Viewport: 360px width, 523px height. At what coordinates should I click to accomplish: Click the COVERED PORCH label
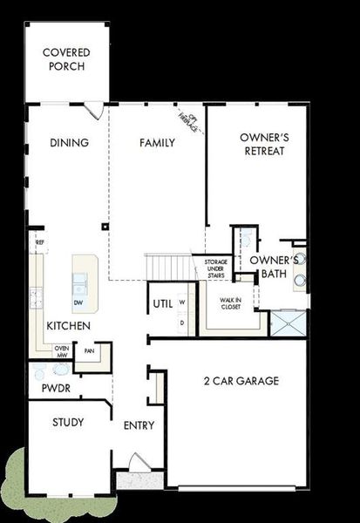(x=66, y=59)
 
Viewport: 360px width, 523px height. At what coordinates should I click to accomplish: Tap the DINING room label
(x=70, y=143)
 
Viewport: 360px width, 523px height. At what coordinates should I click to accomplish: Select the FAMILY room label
(x=158, y=142)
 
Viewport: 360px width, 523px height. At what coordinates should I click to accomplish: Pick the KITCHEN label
(x=69, y=325)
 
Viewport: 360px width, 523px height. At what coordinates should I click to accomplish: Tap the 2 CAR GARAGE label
(x=241, y=380)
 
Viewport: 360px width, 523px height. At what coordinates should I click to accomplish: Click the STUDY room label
(x=68, y=423)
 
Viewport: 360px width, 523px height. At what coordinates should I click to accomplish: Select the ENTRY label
(x=139, y=425)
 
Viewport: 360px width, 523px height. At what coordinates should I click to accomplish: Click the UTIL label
(x=163, y=304)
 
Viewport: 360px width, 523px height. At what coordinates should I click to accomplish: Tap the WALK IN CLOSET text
(x=230, y=303)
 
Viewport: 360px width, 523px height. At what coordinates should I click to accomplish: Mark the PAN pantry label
(x=89, y=352)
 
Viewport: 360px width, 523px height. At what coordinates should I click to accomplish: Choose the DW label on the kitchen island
(x=78, y=303)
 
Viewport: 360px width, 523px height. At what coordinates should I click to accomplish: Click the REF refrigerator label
(x=39, y=241)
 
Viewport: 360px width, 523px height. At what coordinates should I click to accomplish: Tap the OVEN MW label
(x=61, y=351)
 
